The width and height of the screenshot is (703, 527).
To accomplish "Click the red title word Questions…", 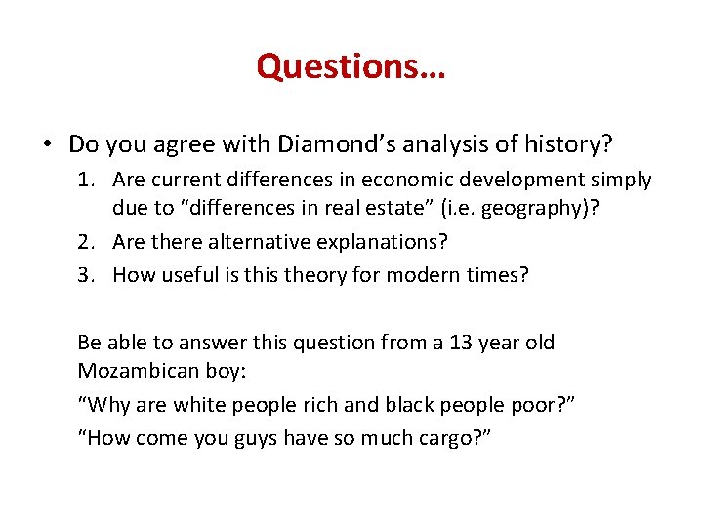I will (x=351, y=66).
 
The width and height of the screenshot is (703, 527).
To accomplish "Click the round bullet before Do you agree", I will (x=48, y=146).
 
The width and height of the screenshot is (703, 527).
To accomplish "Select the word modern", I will (x=415, y=275).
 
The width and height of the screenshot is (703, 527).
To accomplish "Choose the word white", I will (x=191, y=406).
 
